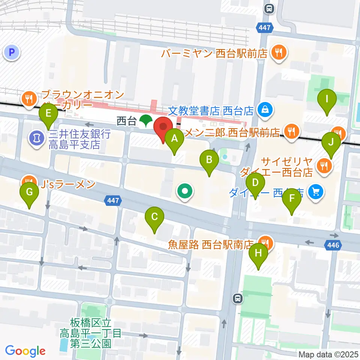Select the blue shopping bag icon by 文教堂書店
(x=265, y=110)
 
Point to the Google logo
(x=25, y=351)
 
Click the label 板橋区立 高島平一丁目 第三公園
(x=91, y=333)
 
